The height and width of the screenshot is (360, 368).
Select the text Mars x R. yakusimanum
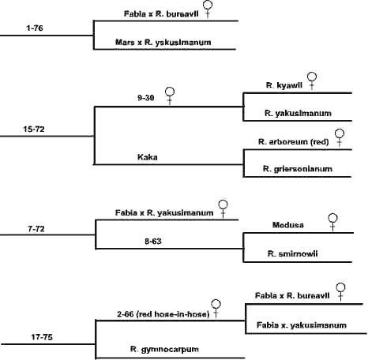pos(164,41)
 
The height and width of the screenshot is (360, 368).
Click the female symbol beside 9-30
pos(169,97)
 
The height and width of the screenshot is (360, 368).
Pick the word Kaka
pos(148,157)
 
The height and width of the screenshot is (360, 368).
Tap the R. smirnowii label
pos(291,253)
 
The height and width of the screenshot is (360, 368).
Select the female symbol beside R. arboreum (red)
pos(340,137)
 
